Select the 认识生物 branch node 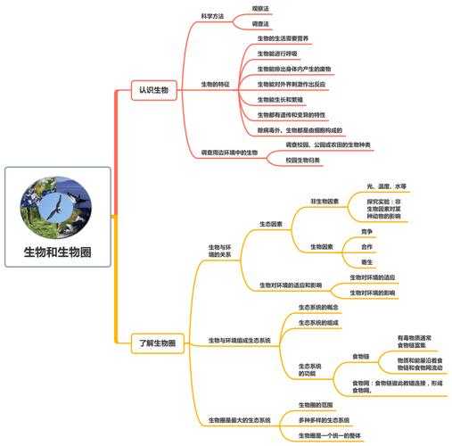(152, 91)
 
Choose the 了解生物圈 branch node (158, 343)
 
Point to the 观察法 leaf (260, 8)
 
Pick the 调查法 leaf (260, 24)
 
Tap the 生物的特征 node (217, 84)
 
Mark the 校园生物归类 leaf (303, 160)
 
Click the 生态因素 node (271, 223)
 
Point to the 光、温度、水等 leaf (386, 186)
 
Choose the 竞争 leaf (366, 230)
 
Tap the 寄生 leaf (366, 261)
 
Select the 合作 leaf (366, 245)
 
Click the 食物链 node (360, 356)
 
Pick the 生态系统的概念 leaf (318, 307)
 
